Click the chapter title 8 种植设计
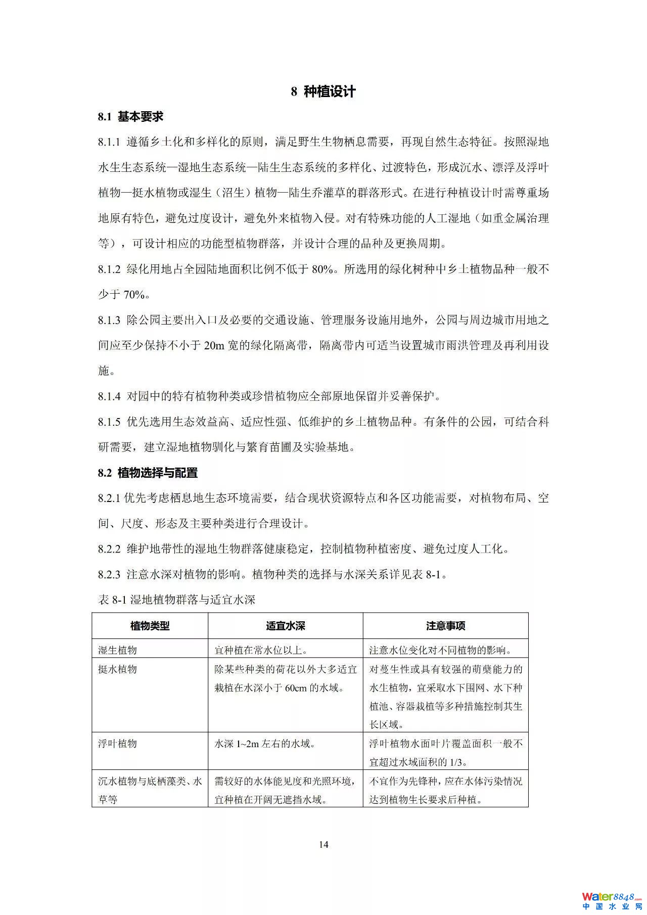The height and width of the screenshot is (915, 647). coord(323,91)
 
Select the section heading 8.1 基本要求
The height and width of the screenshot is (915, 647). coord(130,117)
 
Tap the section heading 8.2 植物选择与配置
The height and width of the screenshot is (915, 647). coord(148,473)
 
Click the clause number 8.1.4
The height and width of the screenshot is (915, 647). coord(109,396)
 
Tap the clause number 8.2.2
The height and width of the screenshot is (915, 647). coord(109,549)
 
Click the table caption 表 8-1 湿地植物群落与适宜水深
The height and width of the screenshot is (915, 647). coord(176,600)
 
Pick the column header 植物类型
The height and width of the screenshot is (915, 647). coord(150,626)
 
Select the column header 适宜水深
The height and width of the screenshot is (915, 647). coord(285,626)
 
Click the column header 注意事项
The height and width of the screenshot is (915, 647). coord(445,626)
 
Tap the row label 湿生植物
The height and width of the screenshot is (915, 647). coord(117,650)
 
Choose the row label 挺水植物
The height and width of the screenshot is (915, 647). coord(117,669)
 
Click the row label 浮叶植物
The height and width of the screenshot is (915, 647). coord(117,744)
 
